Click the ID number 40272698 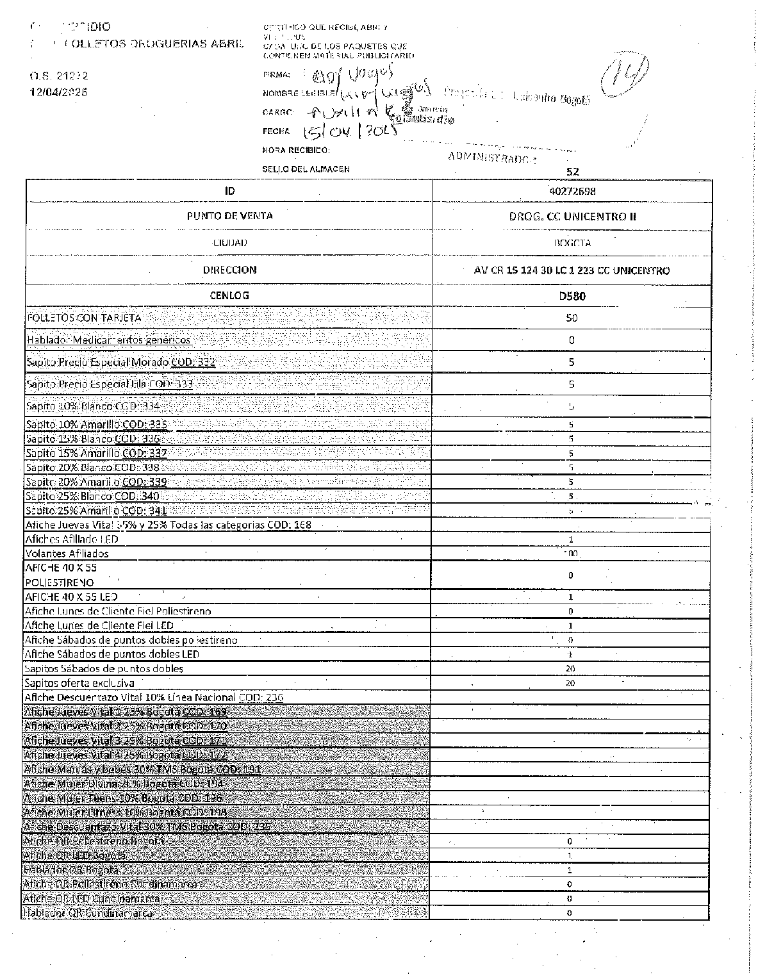point(572,191)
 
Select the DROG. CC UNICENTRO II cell point(572,217)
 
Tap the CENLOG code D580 point(572,296)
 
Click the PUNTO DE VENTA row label point(229,216)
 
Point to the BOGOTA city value point(572,243)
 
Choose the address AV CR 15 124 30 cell point(572,270)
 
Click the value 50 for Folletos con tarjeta point(572,318)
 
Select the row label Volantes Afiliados point(67,554)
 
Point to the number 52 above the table point(572,172)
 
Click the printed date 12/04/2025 point(59,92)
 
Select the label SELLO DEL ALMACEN point(306,169)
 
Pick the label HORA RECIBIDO point(296,150)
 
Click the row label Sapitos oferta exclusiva point(79,683)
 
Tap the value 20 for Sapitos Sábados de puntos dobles point(570,668)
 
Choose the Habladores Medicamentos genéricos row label point(108,340)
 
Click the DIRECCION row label point(229,270)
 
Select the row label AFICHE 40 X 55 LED point(71,596)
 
